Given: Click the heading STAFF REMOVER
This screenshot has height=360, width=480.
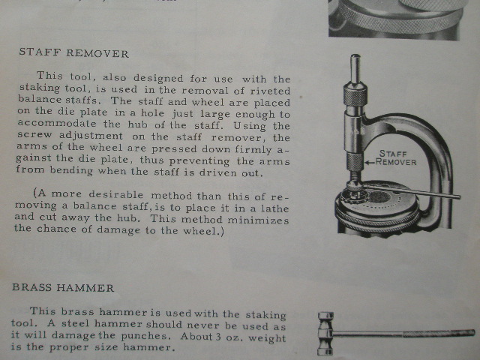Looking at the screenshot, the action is click(x=73, y=52).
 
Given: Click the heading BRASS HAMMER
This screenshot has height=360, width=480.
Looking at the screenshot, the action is click(x=63, y=288).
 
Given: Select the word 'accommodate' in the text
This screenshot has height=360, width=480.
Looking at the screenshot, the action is click(x=57, y=123).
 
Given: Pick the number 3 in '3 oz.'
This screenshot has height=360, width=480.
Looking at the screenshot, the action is click(x=218, y=337).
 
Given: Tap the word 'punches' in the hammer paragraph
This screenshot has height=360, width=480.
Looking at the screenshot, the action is click(x=145, y=336).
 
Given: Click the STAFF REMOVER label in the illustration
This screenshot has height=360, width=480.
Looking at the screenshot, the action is click(x=395, y=157).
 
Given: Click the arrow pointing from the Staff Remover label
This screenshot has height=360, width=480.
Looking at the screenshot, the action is click(x=370, y=162).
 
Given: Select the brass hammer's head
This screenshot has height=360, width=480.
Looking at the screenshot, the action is click(x=325, y=333).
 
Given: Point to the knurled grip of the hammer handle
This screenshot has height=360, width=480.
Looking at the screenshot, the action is click(x=439, y=333).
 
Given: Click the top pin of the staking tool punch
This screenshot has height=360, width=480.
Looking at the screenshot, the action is click(x=355, y=69).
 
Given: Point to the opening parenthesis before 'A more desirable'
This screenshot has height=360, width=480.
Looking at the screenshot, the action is click(x=35, y=193).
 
